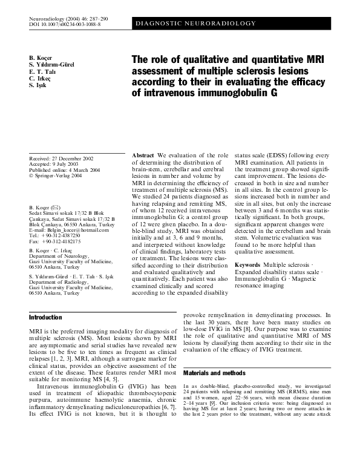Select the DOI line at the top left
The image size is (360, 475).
[64, 24]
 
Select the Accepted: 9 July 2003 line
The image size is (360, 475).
[57, 164]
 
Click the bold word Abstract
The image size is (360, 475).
[143, 156]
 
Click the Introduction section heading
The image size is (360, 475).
[45, 317]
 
